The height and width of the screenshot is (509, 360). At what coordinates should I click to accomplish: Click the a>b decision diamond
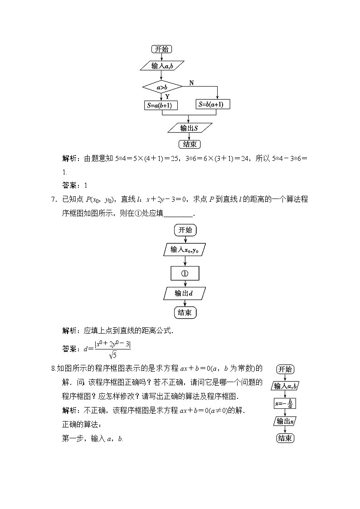coord(162,87)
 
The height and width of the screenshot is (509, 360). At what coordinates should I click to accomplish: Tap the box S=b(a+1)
coord(214,104)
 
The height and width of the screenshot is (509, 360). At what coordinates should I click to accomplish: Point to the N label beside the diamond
coord(191,83)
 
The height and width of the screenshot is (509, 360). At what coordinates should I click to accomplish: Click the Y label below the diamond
coord(167,97)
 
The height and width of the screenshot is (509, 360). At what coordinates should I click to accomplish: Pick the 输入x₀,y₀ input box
coord(185,250)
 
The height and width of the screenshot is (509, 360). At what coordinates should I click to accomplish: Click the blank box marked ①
coord(185,273)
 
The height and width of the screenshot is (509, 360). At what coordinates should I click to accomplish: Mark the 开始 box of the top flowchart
coord(162,49)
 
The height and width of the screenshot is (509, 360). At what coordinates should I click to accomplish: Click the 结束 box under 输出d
coord(185,313)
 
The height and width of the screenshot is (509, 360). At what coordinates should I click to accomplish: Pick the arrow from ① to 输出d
coord(185,284)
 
